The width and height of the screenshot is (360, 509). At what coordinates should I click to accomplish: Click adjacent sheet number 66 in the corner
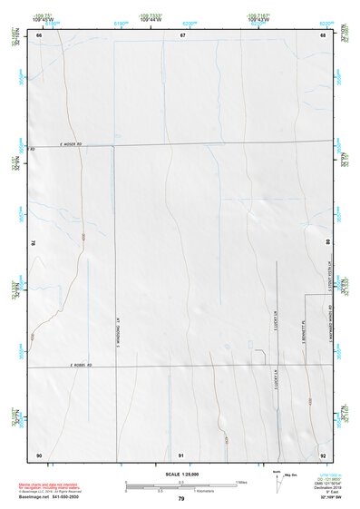[x=39, y=35]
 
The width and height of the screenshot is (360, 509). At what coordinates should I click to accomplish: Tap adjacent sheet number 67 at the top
[x=182, y=35]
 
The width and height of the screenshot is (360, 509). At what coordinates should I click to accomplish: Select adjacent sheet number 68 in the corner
[x=323, y=35]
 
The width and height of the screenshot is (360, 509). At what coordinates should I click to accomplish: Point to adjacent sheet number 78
[x=34, y=243]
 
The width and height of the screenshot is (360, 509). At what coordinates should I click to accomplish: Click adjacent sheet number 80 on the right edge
[x=328, y=243]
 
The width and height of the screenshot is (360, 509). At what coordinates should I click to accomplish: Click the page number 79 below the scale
[x=181, y=499]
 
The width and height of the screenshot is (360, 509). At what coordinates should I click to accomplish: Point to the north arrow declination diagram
[x=277, y=478]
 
